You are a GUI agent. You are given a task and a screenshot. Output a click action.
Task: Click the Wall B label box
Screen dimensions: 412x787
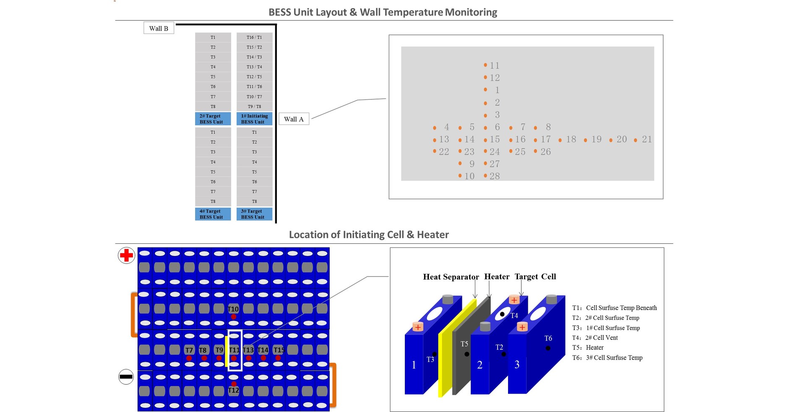pos(159,28)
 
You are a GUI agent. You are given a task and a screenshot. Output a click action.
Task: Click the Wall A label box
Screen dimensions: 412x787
pos(294,119)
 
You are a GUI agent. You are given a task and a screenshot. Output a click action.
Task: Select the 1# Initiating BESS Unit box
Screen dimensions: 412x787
pos(254,119)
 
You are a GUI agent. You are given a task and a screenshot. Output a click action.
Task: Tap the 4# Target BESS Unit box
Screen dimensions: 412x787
pos(213,214)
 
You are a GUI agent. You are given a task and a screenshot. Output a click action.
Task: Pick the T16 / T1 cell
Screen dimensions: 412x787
pos(254,37)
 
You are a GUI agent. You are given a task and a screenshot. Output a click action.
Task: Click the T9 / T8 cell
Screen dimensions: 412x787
pos(254,107)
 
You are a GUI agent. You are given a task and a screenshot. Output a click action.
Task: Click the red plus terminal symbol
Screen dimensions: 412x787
pos(126,255)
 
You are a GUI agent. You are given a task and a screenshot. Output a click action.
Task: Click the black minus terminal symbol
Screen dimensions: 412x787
pos(126,376)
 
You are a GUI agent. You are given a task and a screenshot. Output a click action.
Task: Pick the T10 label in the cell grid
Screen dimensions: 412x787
pos(233,309)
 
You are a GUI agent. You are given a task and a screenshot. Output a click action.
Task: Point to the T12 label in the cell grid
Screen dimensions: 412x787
pos(233,390)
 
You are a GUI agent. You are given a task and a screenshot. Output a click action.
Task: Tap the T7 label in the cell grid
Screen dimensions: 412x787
pos(189,350)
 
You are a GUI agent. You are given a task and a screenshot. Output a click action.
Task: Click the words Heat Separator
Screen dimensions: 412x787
pos(451,277)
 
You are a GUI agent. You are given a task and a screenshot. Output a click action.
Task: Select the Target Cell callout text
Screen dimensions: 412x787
pos(535,276)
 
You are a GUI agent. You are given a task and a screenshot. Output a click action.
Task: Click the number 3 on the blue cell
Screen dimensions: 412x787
pos(517,365)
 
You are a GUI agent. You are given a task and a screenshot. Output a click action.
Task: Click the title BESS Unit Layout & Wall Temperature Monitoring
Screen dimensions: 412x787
pos(383,12)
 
